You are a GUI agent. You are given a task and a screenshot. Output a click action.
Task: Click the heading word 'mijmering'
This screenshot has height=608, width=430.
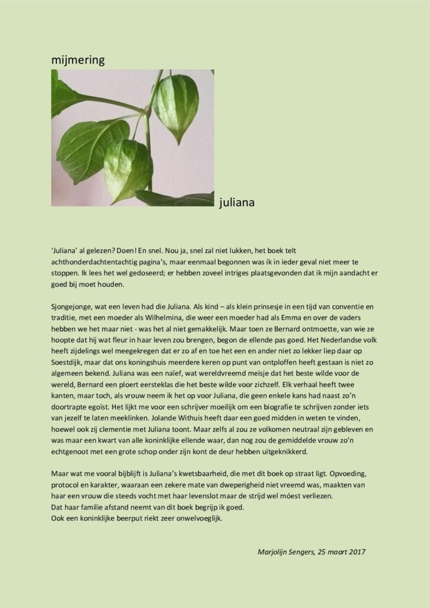point(78,59)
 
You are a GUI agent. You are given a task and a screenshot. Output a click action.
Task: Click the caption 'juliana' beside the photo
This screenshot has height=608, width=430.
point(236,202)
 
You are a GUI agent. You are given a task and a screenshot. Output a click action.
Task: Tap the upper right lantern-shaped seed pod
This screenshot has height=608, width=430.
point(175,107)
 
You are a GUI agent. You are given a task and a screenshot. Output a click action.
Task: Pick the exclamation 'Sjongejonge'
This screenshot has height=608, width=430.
point(72,306)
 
